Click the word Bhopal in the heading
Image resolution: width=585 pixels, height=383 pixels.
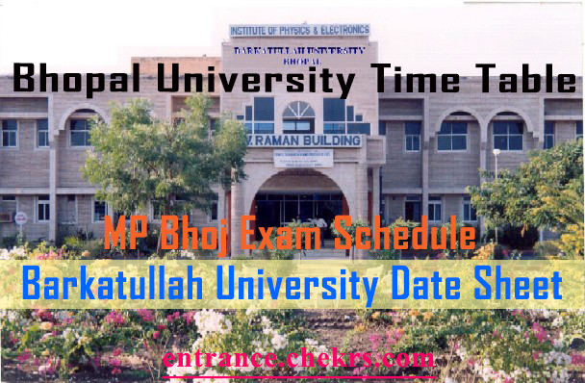[73, 78]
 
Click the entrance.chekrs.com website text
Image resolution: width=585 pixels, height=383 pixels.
[298, 359]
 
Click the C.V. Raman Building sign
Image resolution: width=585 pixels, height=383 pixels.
[297, 140]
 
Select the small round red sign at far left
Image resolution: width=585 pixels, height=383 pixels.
[20, 217]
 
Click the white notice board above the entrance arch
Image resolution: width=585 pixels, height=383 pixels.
[302, 159]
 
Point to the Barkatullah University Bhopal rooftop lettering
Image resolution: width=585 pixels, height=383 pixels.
[298, 53]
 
